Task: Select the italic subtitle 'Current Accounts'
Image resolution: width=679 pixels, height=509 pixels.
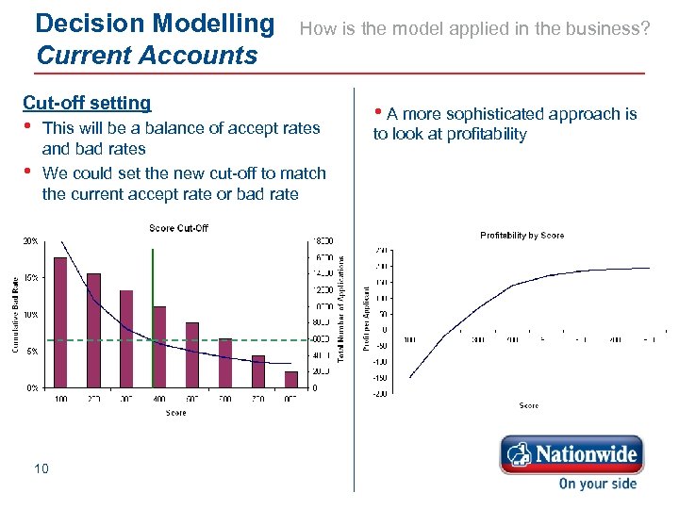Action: click(x=145, y=55)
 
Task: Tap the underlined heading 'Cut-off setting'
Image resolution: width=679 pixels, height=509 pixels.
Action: click(x=86, y=103)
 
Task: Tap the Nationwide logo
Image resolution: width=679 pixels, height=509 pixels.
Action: click(x=571, y=454)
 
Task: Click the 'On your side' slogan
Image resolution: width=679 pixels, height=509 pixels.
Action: click(x=597, y=484)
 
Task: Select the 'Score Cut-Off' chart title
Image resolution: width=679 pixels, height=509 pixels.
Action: click(x=178, y=227)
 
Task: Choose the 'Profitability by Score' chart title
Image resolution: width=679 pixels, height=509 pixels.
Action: click(x=522, y=235)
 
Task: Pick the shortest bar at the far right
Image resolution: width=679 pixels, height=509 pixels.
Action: click(x=291, y=379)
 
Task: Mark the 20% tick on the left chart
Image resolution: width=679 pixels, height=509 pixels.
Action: click(x=30, y=240)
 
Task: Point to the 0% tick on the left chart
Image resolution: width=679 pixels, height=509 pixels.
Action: click(x=32, y=387)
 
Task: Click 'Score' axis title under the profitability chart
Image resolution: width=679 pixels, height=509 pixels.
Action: click(x=528, y=405)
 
